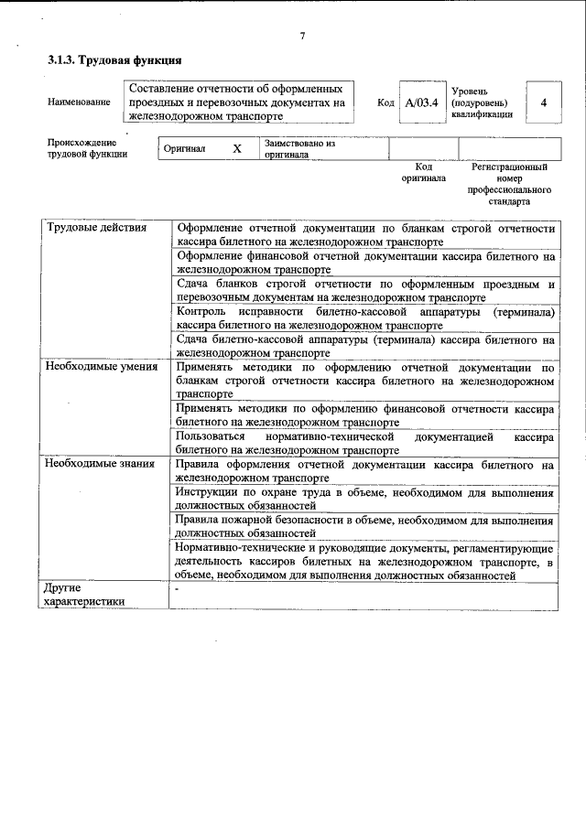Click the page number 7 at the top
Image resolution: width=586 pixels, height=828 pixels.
[302, 36]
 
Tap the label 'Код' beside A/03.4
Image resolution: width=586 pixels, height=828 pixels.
[385, 103]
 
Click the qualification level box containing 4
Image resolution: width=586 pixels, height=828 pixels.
[543, 102]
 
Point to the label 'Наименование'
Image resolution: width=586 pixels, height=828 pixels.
[79, 103]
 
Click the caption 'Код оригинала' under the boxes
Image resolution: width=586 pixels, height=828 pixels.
[423, 173]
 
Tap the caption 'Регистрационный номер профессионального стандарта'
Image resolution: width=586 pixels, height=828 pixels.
[510, 184]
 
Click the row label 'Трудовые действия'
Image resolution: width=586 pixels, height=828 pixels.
[96, 228]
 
